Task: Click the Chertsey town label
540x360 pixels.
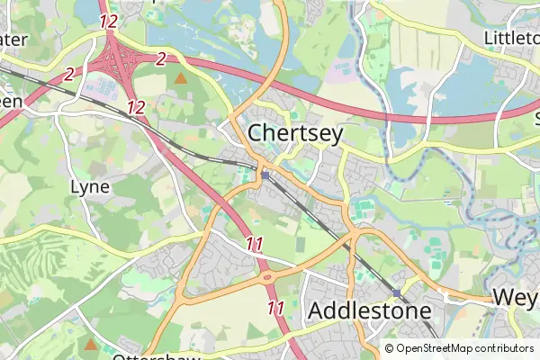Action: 294,133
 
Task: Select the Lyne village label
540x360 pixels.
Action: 90,187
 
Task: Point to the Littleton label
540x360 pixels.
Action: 510,38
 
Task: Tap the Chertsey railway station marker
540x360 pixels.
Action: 265,175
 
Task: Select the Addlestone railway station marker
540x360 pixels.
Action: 397,293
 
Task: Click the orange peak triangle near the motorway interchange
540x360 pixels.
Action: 181,79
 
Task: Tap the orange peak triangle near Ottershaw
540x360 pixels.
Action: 90,345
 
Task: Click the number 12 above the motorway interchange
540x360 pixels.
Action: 109,20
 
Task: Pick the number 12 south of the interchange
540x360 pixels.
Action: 136,107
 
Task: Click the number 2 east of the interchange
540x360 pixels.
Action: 161,59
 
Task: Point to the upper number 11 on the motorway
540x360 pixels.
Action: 255,243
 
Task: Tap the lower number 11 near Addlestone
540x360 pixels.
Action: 276,308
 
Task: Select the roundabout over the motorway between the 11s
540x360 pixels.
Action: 268,278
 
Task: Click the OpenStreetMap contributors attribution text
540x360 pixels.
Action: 459,349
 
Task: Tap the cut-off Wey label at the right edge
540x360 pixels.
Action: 514,297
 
